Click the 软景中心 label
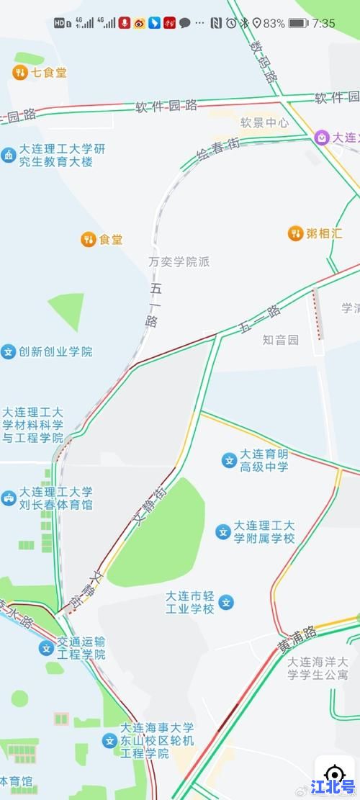click(264, 123)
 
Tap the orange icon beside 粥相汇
click(295, 233)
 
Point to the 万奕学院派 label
click(179, 262)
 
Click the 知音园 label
click(280, 339)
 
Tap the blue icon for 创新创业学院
click(9, 352)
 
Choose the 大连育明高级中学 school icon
click(229, 460)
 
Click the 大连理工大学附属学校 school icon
click(223, 532)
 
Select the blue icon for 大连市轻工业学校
click(226, 602)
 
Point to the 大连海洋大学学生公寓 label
click(317, 668)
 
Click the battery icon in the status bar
click(298, 23)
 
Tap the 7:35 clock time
click(324, 23)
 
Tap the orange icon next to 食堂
click(89, 240)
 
